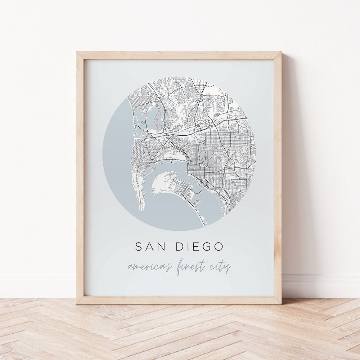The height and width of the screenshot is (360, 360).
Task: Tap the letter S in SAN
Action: [x=139, y=247]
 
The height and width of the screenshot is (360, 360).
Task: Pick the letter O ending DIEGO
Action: [x=219, y=247]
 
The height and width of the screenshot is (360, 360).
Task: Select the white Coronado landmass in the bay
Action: [x=164, y=184]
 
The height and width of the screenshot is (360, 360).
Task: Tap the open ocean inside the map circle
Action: [x=115, y=162]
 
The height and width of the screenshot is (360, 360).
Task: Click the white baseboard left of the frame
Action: [x=36, y=282]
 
